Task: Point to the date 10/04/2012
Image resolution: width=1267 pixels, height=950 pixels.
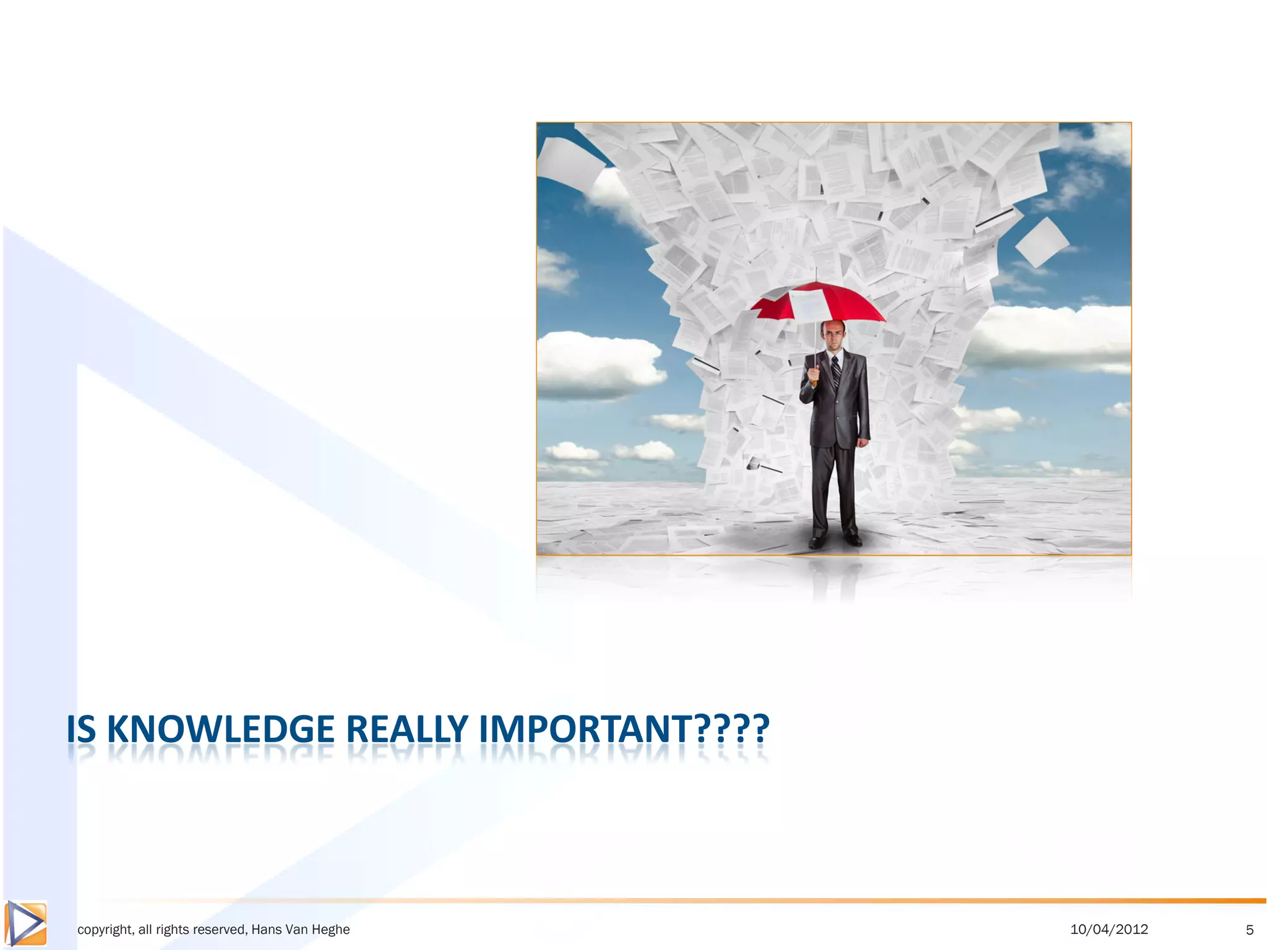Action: pos(1109,929)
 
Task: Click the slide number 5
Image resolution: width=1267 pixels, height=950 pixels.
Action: pos(1250,930)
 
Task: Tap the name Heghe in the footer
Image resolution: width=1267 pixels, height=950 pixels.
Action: pos(332,930)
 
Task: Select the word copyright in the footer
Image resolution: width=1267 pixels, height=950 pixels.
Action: pos(104,930)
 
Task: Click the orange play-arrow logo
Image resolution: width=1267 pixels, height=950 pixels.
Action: pos(25,923)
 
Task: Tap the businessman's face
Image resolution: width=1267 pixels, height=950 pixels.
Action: pos(835,337)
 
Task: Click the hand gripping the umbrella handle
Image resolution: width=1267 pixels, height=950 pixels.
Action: pos(814,373)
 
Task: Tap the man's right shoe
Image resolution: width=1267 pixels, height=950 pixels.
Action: pos(818,541)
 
